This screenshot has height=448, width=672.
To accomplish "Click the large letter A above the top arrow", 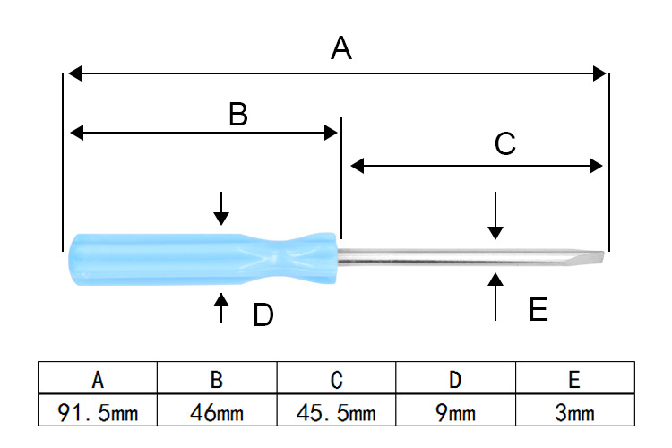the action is coord(340,47).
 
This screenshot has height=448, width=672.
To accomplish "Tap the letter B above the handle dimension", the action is coord(237,114).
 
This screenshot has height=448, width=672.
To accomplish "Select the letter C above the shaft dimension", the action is coord(505,144).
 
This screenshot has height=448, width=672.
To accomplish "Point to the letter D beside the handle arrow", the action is coord(263,315).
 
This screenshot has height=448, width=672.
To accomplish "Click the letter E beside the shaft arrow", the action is coord(538,310).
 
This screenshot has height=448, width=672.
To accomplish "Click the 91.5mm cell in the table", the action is coord(98,413).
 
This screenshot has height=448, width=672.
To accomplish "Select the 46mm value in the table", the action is coord(217,413).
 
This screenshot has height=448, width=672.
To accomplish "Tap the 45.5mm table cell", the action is coord(336,413).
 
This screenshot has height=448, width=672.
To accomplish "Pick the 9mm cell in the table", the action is coord(455,413).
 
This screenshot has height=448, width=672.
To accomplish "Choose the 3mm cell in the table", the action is coord(574,413).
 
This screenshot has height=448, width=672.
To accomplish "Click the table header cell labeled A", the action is coord(98,380).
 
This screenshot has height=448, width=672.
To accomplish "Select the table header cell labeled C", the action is coord(336,380).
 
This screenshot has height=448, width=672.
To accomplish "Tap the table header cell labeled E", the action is coord(574,380).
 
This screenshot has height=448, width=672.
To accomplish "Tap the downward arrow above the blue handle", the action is coord(221,208).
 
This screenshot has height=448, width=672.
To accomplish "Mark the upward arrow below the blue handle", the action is coord(221,306).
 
